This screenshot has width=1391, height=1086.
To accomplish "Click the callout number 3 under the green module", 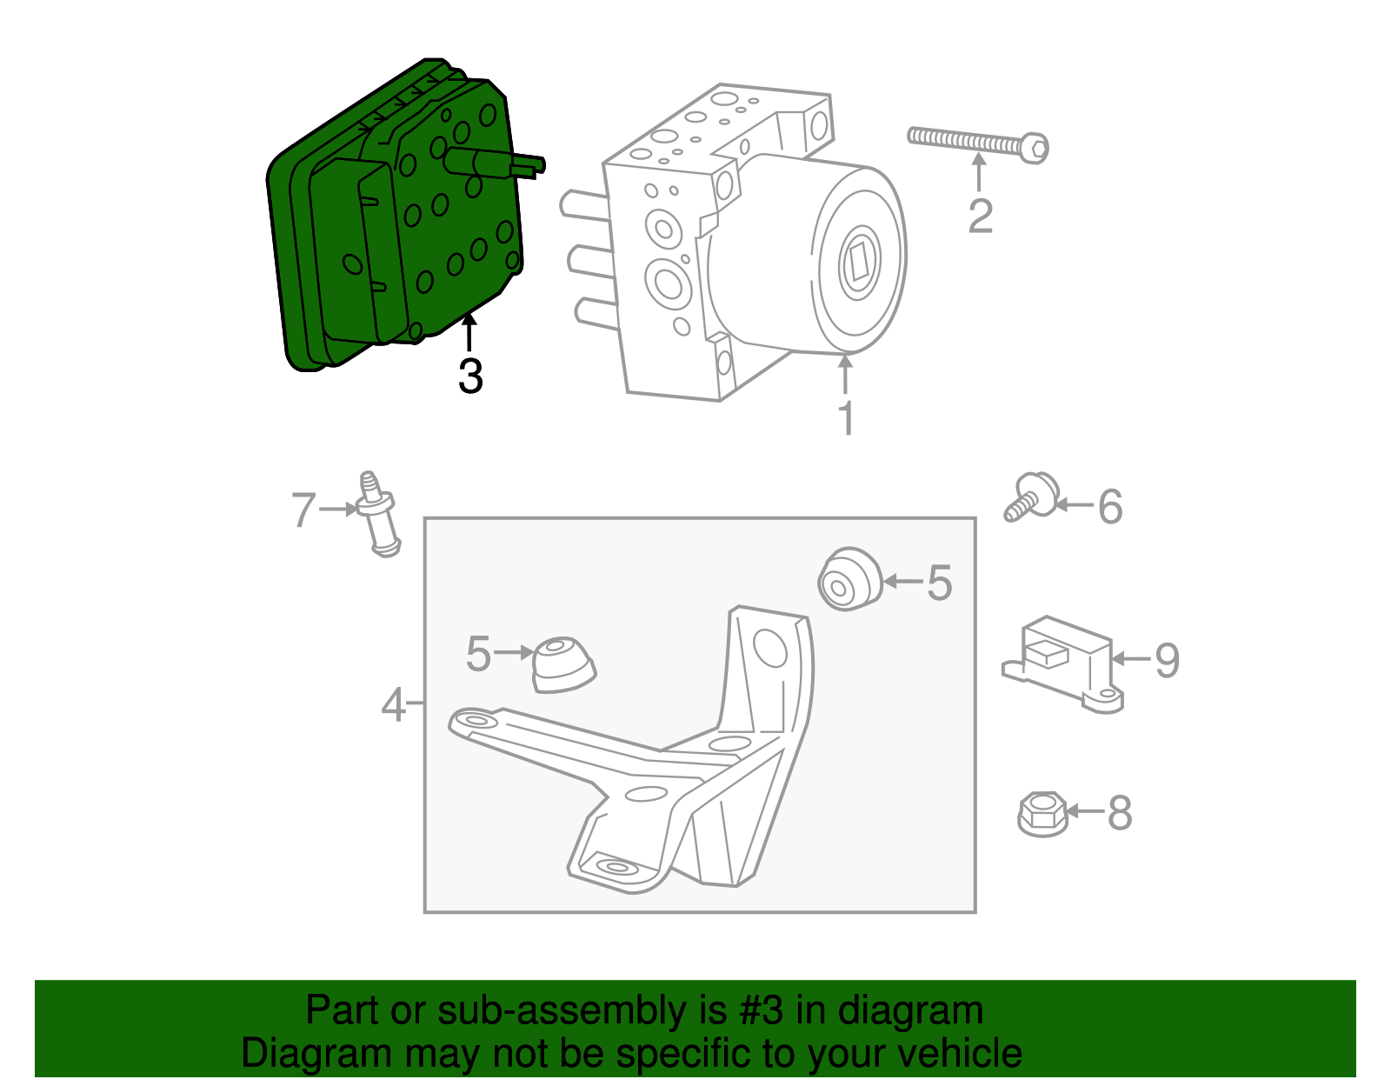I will pyautogui.click(x=470, y=376).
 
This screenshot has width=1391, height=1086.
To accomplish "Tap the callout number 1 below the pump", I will pyautogui.click(x=845, y=418).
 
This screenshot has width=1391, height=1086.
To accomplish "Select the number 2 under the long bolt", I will pyautogui.click(x=980, y=217).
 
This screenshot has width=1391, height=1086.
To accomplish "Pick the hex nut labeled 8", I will pyautogui.click(x=1042, y=814).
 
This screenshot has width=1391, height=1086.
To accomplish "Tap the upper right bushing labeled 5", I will pyautogui.click(x=849, y=580).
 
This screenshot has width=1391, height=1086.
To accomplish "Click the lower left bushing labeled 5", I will pyautogui.click(x=562, y=665).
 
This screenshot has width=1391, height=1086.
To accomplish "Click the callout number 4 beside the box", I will pyautogui.click(x=393, y=704).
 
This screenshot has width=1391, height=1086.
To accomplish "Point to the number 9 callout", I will pyautogui.click(x=1167, y=660).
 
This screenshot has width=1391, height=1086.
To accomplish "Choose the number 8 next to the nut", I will pyautogui.click(x=1119, y=813).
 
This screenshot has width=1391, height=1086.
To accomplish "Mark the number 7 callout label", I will pyautogui.click(x=303, y=510).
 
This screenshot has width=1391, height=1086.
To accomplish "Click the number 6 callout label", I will pyautogui.click(x=1110, y=507).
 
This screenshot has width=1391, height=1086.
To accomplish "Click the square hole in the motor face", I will pyautogui.click(x=859, y=262).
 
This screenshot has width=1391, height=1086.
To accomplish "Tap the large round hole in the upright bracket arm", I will pyautogui.click(x=769, y=649).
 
